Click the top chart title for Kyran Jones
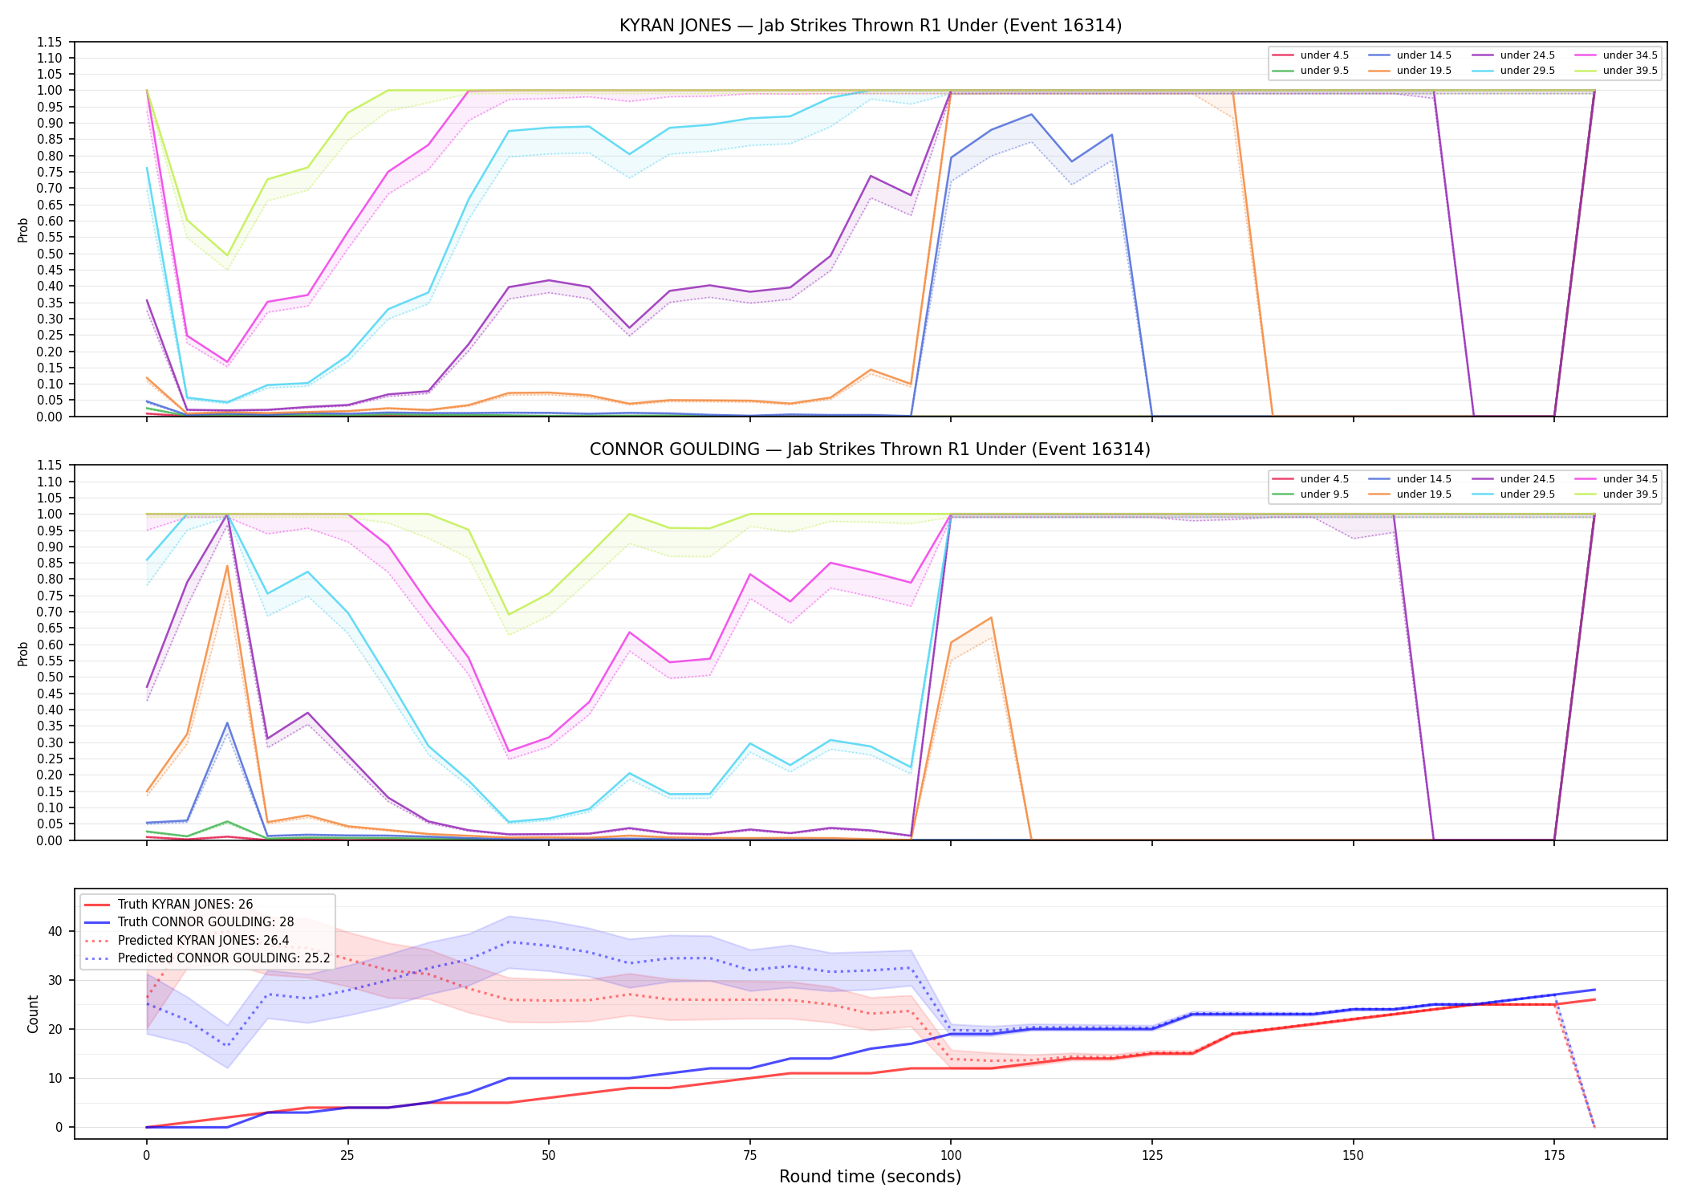click(870, 26)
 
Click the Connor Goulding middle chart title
click(870, 449)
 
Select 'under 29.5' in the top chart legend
click(1527, 71)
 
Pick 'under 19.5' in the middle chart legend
click(1423, 494)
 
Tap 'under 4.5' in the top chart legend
click(1324, 55)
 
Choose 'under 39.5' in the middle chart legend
click(1630, 494)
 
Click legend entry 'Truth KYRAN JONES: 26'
click(185, 905)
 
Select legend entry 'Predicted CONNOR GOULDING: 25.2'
click(224, 958)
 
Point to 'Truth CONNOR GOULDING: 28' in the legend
click(205, 922)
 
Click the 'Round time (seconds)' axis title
click(870, 1177)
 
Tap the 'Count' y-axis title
click(33, 1014)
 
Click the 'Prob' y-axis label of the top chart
click(23, 230)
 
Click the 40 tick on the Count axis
click(55, 931)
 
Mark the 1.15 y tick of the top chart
click(50, 42)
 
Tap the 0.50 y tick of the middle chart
click(50, 677)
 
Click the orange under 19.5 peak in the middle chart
click(227, 566)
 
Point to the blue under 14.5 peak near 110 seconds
click(1031, 114)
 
